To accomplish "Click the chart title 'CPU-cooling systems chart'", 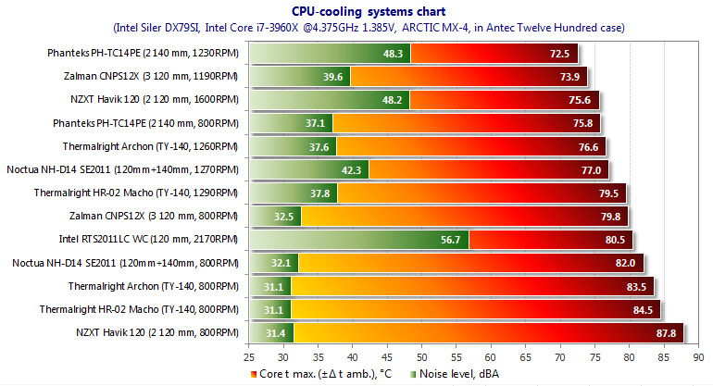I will [355, 11].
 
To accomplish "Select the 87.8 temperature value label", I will [668, 332].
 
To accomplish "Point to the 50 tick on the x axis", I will [421, 355].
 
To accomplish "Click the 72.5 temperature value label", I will [559, 55].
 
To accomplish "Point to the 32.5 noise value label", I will [286, 217].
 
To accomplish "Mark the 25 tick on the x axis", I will [248, 355].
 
